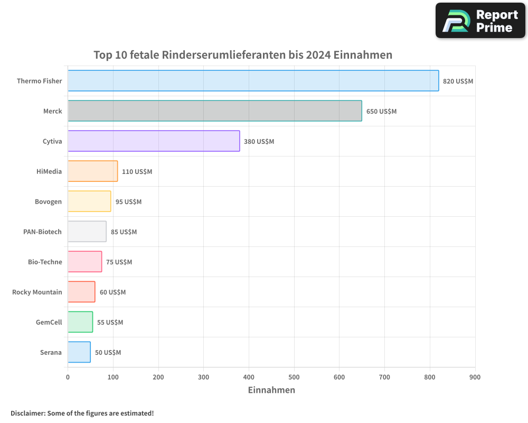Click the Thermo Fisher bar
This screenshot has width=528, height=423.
(253, 81)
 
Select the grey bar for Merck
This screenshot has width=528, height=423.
(214, 111)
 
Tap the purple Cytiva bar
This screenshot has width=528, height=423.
(154, 141)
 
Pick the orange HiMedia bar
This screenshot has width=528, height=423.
(92, 171)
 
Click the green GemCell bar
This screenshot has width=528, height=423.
(80, 322)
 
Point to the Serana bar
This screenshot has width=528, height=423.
(79, 352)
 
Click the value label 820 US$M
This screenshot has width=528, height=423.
(458, 81)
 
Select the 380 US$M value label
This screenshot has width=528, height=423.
(259, 142)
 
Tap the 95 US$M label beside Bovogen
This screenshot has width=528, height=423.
(128, 202)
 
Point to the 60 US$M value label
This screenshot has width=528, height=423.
(112, 292)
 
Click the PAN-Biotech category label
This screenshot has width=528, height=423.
(42, 232)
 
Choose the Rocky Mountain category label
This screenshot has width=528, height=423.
(37, 292)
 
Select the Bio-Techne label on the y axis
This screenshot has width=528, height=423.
(45, 262)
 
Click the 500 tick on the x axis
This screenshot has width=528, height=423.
(294, 377)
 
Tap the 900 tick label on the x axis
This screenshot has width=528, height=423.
(475, 377)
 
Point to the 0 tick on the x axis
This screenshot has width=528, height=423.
(68, 377)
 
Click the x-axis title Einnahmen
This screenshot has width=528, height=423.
(271, 390)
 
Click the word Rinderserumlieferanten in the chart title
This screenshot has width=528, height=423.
(224, 55)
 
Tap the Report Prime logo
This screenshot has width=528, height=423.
(480, 21)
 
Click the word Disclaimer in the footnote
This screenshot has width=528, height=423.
(27, 413)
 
